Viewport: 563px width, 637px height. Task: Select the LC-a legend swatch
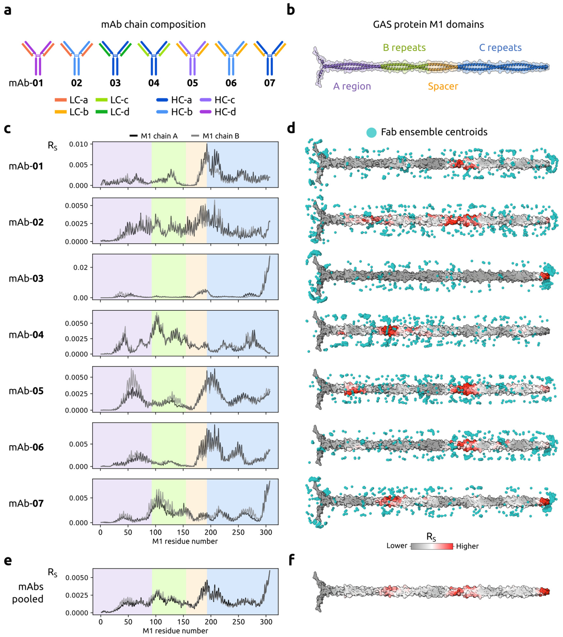[61, 100]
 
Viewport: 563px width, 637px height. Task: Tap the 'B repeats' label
[404, 48]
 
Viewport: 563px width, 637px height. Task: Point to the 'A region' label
[352, 86]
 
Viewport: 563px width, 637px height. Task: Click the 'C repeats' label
[500, 48]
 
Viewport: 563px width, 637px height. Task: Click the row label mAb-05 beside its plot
[26, 391]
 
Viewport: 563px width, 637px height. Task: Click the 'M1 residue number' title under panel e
[175, 631]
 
